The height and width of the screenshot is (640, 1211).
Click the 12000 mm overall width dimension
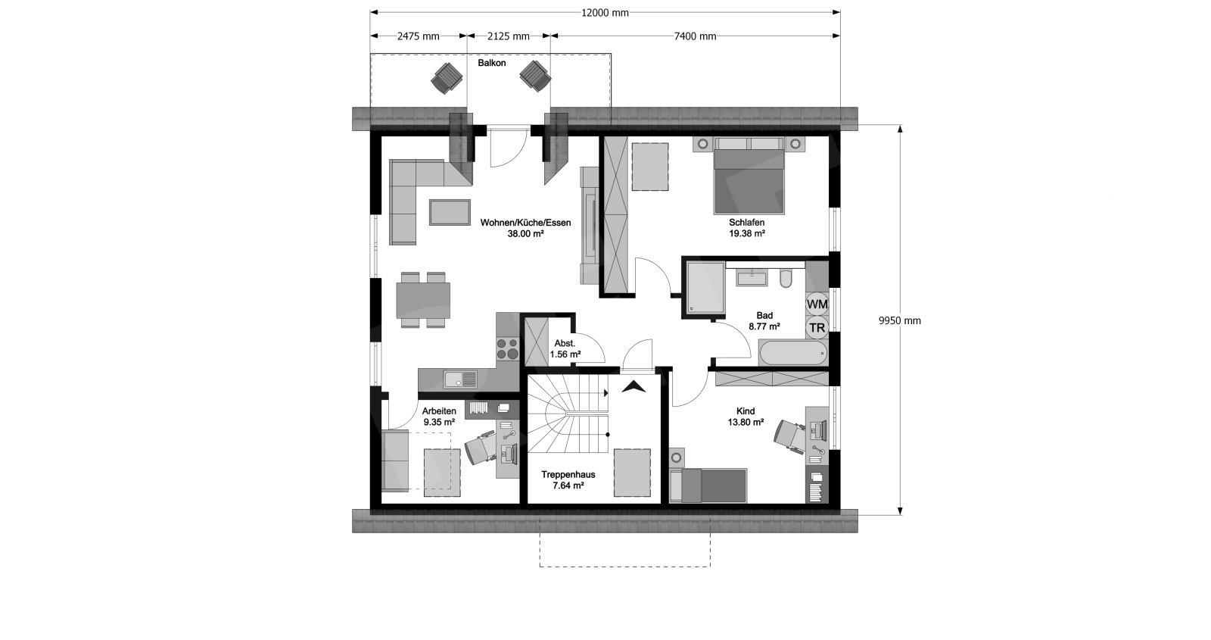[x=605, y=12]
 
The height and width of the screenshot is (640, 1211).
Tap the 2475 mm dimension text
[x=418, y=36]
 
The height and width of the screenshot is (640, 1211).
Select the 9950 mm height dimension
[x=900, y=320]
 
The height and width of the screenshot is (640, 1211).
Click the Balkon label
[x=491, y=63]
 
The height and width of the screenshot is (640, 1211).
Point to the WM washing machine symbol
[x=817, y=304]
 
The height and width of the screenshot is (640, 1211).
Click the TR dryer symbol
[x=817, y=328]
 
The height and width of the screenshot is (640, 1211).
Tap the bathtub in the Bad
[x=793, y=354]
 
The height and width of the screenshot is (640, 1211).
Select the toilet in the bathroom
[x=786, y=278]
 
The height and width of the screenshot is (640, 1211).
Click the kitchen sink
[x=461, y=379]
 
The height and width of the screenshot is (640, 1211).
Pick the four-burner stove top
[x=508, y=348]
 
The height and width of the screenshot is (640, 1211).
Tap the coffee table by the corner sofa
[x=450, y=212]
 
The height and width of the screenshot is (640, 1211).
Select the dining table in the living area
[x=423, y=300]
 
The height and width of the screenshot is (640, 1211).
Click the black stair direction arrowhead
[x=634, y=387]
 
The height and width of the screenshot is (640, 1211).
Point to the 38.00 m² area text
[x=525, y=234]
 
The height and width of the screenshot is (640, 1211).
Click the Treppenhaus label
[x=568, y=474]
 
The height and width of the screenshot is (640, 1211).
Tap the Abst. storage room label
[x=565, y=344]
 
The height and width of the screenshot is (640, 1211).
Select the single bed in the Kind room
[x=708, y=485]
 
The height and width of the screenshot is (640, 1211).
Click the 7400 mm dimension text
[x=696, y=36]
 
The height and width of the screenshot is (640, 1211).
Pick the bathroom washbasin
[x=752, y=278]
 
